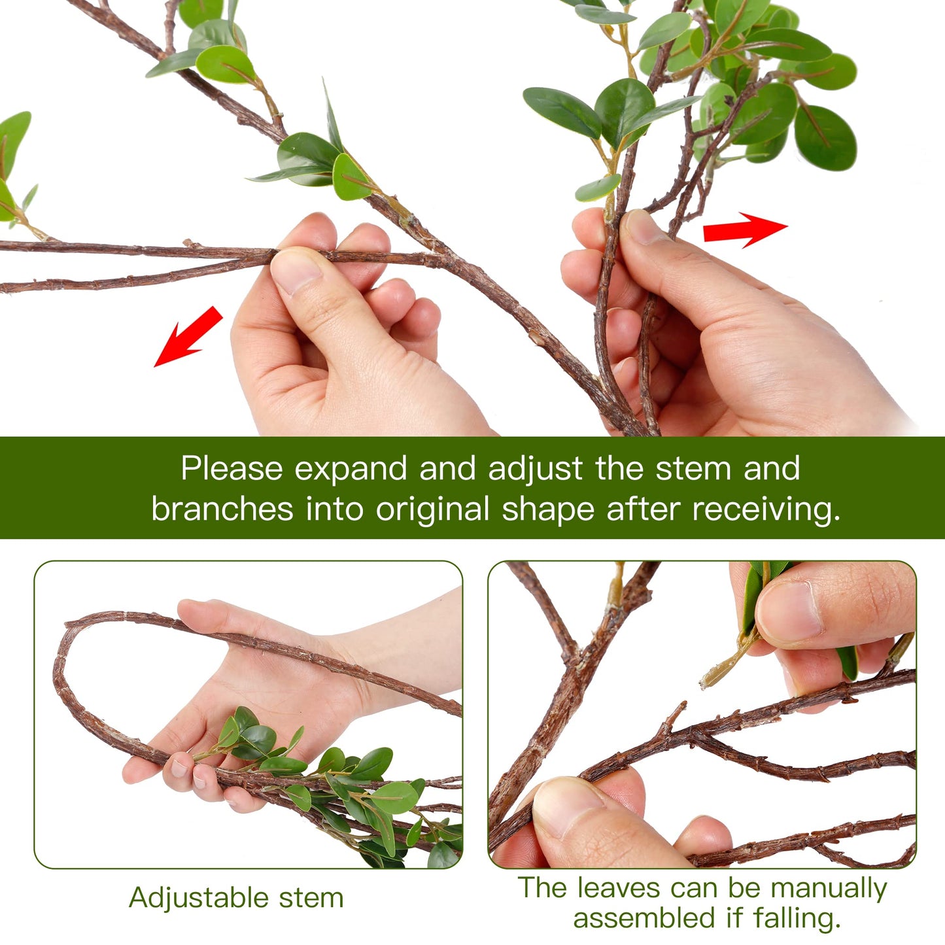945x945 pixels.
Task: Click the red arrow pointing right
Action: (744, 230)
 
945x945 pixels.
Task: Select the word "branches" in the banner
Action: (222, 509)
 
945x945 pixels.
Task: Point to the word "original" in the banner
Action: (432, 509)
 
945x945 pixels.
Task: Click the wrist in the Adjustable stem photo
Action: (392, 661)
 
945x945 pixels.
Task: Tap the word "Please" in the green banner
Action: (232, 470)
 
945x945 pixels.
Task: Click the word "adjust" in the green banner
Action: (535, 470)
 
